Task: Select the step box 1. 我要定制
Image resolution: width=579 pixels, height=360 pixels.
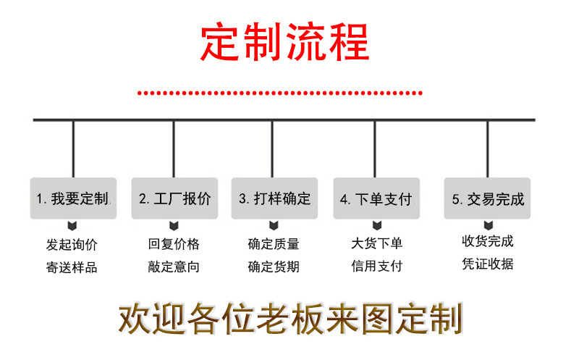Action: click(72, 198)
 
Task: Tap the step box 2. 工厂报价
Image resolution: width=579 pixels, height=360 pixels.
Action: click(174, 198)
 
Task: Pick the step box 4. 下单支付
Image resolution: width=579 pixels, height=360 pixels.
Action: click(375, 198)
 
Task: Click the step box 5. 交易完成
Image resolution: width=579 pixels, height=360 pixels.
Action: click(488, 198)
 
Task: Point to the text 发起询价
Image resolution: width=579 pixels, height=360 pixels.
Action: click(72, 244)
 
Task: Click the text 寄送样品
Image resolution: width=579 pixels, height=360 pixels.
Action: click(72, 267)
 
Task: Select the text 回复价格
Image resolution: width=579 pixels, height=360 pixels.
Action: click(174, 244)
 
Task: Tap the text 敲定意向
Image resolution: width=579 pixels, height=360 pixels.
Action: click(174, 267)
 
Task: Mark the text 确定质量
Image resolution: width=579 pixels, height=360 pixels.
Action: click(274, 244)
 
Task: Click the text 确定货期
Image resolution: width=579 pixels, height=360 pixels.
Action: click(274, 267)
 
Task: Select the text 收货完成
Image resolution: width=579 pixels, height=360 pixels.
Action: click(488, 241)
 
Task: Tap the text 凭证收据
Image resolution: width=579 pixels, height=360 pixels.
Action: click(488, 264)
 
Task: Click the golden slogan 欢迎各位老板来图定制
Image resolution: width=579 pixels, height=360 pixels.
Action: click(289, 319)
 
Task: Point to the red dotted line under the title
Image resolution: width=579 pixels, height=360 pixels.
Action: click(280, 93)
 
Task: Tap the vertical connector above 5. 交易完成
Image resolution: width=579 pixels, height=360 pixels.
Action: click(488, 148)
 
